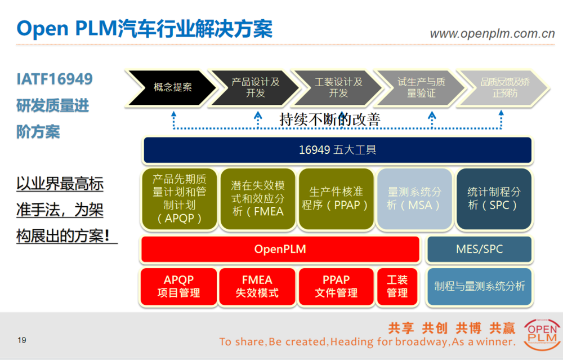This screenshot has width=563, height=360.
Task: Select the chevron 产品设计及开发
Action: pos(255,88)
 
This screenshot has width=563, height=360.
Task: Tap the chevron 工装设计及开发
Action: pos(338,88)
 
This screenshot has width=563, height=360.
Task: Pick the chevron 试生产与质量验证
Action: pos(421,88)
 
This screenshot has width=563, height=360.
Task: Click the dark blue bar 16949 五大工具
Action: pos(337,150)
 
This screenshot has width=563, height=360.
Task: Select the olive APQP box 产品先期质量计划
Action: pos(179,199)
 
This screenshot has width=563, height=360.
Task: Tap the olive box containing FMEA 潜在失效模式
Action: pos(257,199)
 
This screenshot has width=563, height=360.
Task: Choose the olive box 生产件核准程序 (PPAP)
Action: pos(336,199)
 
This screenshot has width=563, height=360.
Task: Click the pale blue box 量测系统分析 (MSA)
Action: pos(414,199)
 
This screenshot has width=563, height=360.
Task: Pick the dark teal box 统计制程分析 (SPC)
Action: pos(494,199)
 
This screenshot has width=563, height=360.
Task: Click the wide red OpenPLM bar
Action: pos(280,249)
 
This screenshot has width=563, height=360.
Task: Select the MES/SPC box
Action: pos(479,249)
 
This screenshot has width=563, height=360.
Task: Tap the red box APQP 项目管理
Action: pos(178,287)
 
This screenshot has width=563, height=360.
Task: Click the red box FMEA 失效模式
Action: pos(257,287)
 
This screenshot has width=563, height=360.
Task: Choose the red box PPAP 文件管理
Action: pos(336,287)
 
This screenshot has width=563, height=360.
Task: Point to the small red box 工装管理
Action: pos(397,287)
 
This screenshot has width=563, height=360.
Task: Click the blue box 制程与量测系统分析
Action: pos(479,287)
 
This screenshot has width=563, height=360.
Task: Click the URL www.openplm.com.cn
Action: pos(492,34)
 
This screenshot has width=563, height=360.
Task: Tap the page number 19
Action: pos(22,340)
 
